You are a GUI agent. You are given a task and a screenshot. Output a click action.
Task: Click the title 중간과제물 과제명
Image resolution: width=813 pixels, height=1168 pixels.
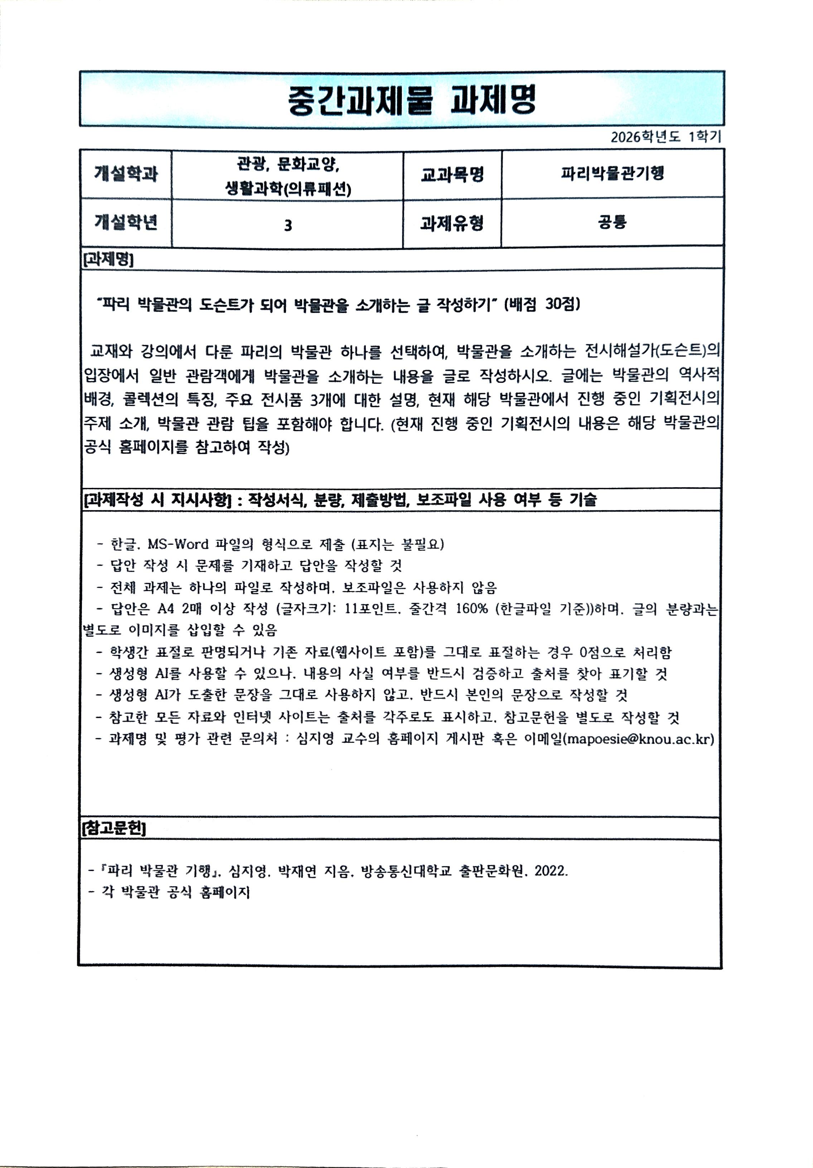tap(412, 100)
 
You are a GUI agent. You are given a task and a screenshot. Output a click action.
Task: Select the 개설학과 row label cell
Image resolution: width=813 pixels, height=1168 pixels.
tap(126, 174)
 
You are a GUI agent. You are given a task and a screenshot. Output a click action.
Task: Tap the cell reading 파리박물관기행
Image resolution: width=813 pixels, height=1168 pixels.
tap(612, 173)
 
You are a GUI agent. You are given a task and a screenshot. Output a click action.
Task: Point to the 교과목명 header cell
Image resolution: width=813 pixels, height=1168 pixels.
tap(452, 174)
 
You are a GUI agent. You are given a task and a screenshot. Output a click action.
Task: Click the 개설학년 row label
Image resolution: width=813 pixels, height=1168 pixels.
tap(126, 222)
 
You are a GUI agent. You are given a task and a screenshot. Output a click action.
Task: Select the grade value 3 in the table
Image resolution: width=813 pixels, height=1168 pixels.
tap(288, 225)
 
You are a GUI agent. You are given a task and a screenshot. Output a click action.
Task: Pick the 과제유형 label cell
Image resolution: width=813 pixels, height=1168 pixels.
tap(452, 223)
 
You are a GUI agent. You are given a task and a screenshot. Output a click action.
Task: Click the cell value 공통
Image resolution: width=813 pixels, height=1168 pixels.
tap(612, 222)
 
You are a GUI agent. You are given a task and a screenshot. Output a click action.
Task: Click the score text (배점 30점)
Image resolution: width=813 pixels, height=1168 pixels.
tap(542, 304)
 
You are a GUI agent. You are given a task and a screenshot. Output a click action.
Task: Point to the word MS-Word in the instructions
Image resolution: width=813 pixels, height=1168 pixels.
tap(178, 544)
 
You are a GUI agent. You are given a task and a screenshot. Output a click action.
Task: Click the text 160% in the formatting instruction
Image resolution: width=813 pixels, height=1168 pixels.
tap(471, 609)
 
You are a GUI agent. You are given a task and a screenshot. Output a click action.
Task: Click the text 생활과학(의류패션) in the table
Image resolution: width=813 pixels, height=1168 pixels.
tap(288, 189)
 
